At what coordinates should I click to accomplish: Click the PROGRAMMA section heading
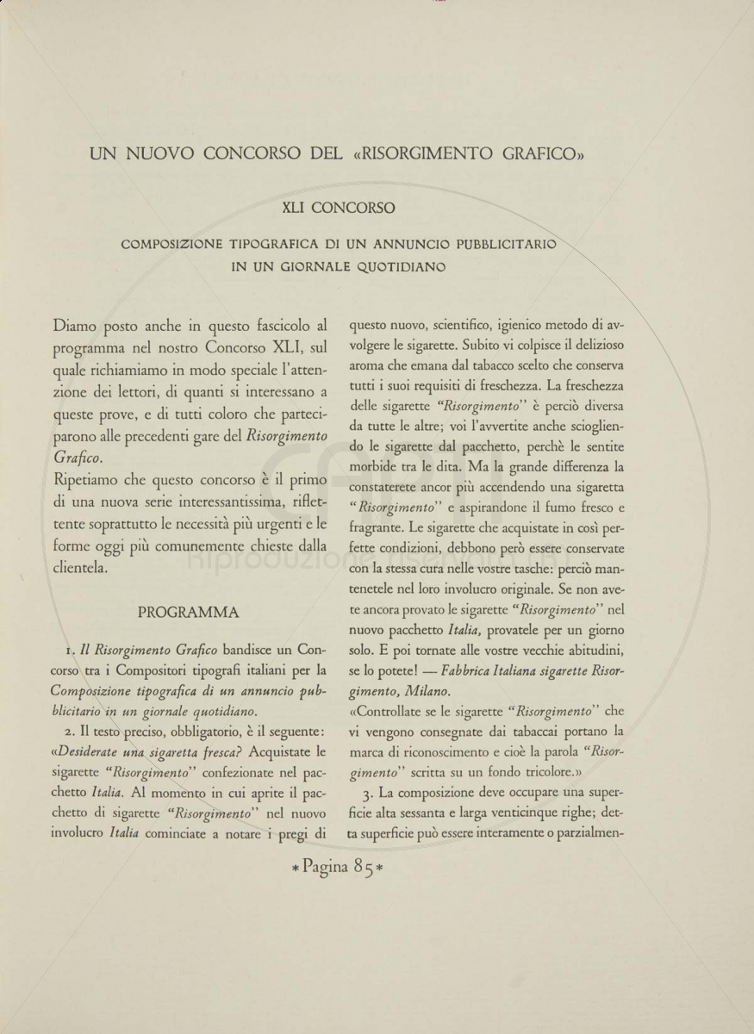click(189, 613)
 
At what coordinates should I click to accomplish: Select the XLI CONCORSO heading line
click(339, 208)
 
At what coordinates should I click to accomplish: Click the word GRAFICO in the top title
click(537, 155)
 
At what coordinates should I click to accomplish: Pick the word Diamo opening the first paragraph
click(76, 327)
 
